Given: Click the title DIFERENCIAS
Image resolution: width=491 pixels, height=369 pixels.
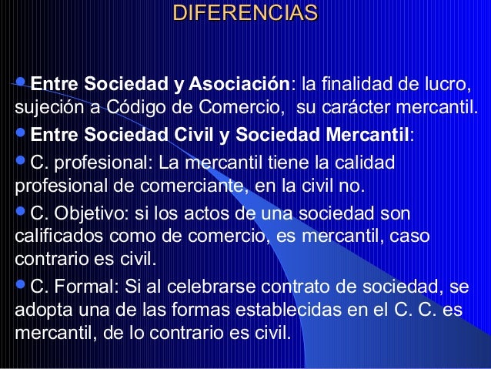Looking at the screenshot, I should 245,14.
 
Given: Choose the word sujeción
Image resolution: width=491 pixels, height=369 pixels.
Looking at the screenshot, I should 43,104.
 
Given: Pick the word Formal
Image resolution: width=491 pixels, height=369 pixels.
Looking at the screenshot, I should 82,289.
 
